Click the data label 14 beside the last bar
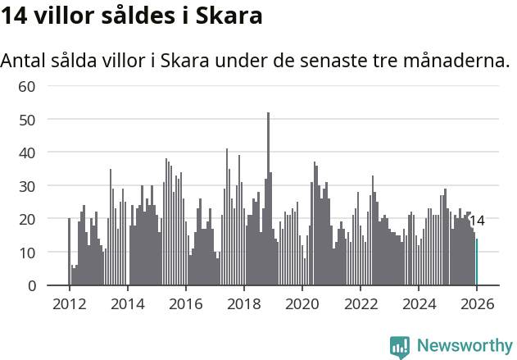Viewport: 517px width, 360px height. [477, 221]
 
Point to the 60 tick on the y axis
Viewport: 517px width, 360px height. [27, 86]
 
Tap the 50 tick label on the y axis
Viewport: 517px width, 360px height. [27, 120]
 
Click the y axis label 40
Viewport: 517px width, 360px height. [27, 153]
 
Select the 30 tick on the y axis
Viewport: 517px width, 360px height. [27, 186]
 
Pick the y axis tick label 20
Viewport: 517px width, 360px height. [27, 219]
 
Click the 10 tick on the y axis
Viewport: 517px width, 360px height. [27, 253]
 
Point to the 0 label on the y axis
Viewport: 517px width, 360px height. [31, 286]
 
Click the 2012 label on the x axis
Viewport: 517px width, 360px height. [69, 304]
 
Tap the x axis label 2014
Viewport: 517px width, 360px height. [127, 304]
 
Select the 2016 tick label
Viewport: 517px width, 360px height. [185, 304]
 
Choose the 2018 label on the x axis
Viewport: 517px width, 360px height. [243, 304]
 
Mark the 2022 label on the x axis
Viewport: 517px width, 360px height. [361, 304]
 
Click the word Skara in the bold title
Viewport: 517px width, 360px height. [231, 16]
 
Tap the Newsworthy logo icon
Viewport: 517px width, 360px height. [400, 347]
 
